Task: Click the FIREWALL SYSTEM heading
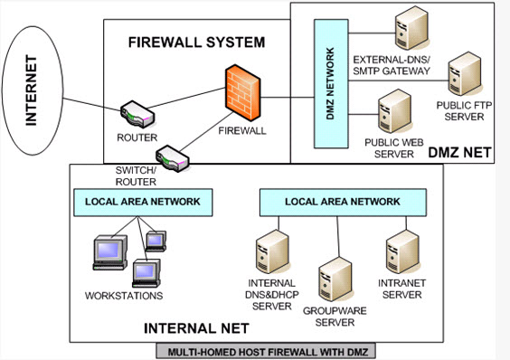coord(196,43)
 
